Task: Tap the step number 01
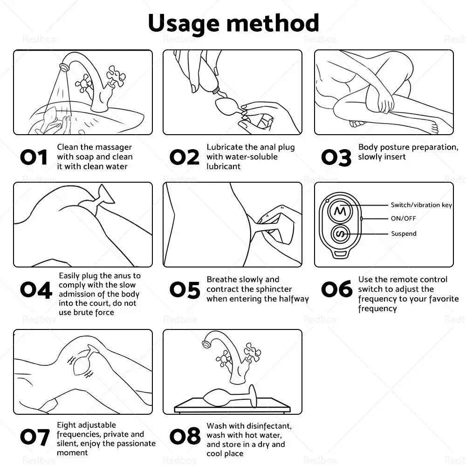[x=34, y=158]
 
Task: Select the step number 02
[x=185, y=158]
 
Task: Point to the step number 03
[x=336, y=158]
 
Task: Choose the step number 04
[x=35, y=290]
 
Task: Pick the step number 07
[x=34, y=437]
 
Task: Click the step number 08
[x=185, y=437]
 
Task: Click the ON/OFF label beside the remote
[x=403, y=219]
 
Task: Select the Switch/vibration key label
[x=421, y=205]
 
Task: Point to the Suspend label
[x=404, y=233]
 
